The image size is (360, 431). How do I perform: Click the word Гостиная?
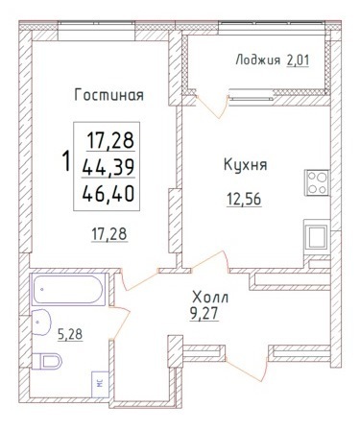point(108,95)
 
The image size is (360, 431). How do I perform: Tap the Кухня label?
point(245,165)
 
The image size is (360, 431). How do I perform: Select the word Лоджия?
point(258,60)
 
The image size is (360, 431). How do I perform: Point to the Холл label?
point(210,298)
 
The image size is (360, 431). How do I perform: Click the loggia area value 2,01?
point(299,60)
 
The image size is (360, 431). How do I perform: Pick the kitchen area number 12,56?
point(244,199)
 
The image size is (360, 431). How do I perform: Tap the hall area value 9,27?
point(204,314)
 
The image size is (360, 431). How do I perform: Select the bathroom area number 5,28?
point(70,334)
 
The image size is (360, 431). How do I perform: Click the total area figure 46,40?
point(108,194)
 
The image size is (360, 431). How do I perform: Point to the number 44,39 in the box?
point(108,167)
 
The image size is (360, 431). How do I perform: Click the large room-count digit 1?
point(66,161)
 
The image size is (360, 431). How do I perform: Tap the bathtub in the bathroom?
point(68,289)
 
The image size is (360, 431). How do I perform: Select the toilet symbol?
point(47,361)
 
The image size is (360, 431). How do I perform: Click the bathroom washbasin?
point(41,323)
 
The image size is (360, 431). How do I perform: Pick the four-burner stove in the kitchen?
point(317,182)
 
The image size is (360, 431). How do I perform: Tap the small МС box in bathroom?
point(100,384)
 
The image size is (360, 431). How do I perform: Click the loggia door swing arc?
point(214,108)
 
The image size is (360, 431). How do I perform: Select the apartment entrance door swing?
point(247,370)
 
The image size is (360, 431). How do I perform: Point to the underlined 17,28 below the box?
point(109,234)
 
